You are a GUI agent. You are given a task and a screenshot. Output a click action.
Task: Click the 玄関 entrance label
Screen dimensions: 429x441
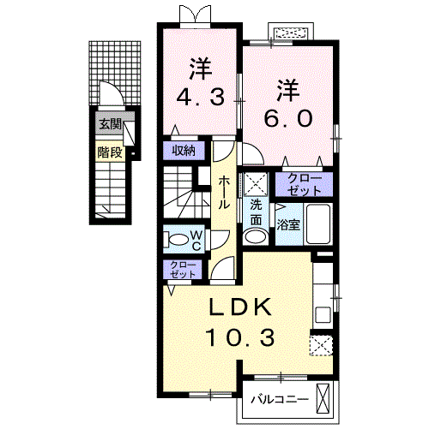[110, 124]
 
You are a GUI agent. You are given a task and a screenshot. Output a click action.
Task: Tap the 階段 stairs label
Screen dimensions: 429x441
[110, 152]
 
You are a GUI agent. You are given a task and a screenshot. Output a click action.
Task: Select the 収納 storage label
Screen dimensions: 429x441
[184, 151]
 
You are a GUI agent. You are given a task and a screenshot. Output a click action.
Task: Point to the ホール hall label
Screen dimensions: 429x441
[224, 192]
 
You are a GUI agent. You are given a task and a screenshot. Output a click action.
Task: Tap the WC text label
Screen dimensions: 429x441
[196, 241]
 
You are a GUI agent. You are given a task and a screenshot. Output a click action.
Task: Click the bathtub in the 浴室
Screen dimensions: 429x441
[318, 223]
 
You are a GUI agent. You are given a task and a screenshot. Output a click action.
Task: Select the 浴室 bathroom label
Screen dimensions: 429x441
[288, 225]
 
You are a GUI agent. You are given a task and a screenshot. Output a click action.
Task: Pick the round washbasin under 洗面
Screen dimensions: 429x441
[257, 237]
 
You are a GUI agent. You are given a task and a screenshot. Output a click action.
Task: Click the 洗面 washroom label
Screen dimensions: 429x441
[257, 212]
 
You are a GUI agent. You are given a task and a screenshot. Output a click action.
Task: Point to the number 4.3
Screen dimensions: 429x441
[200, 97]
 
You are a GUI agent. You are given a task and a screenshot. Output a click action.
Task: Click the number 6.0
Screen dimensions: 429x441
[288, 118]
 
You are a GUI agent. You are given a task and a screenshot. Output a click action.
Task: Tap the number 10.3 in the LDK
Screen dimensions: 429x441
[239, 337]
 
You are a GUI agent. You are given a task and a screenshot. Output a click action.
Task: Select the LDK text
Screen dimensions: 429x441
[240, 307]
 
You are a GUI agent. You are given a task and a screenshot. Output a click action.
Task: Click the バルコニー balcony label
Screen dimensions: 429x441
[280, 399]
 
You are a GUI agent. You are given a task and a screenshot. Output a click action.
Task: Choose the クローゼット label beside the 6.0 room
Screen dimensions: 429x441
[305, 184]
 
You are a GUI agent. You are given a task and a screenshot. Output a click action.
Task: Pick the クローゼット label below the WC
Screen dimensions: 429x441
[183, 270]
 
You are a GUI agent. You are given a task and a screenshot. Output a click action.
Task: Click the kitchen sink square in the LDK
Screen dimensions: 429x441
[323, 314]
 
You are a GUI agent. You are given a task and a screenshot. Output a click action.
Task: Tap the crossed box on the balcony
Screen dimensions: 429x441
[323, 399]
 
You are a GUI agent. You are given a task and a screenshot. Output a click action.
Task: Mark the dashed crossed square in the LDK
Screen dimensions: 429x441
[322, 345]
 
